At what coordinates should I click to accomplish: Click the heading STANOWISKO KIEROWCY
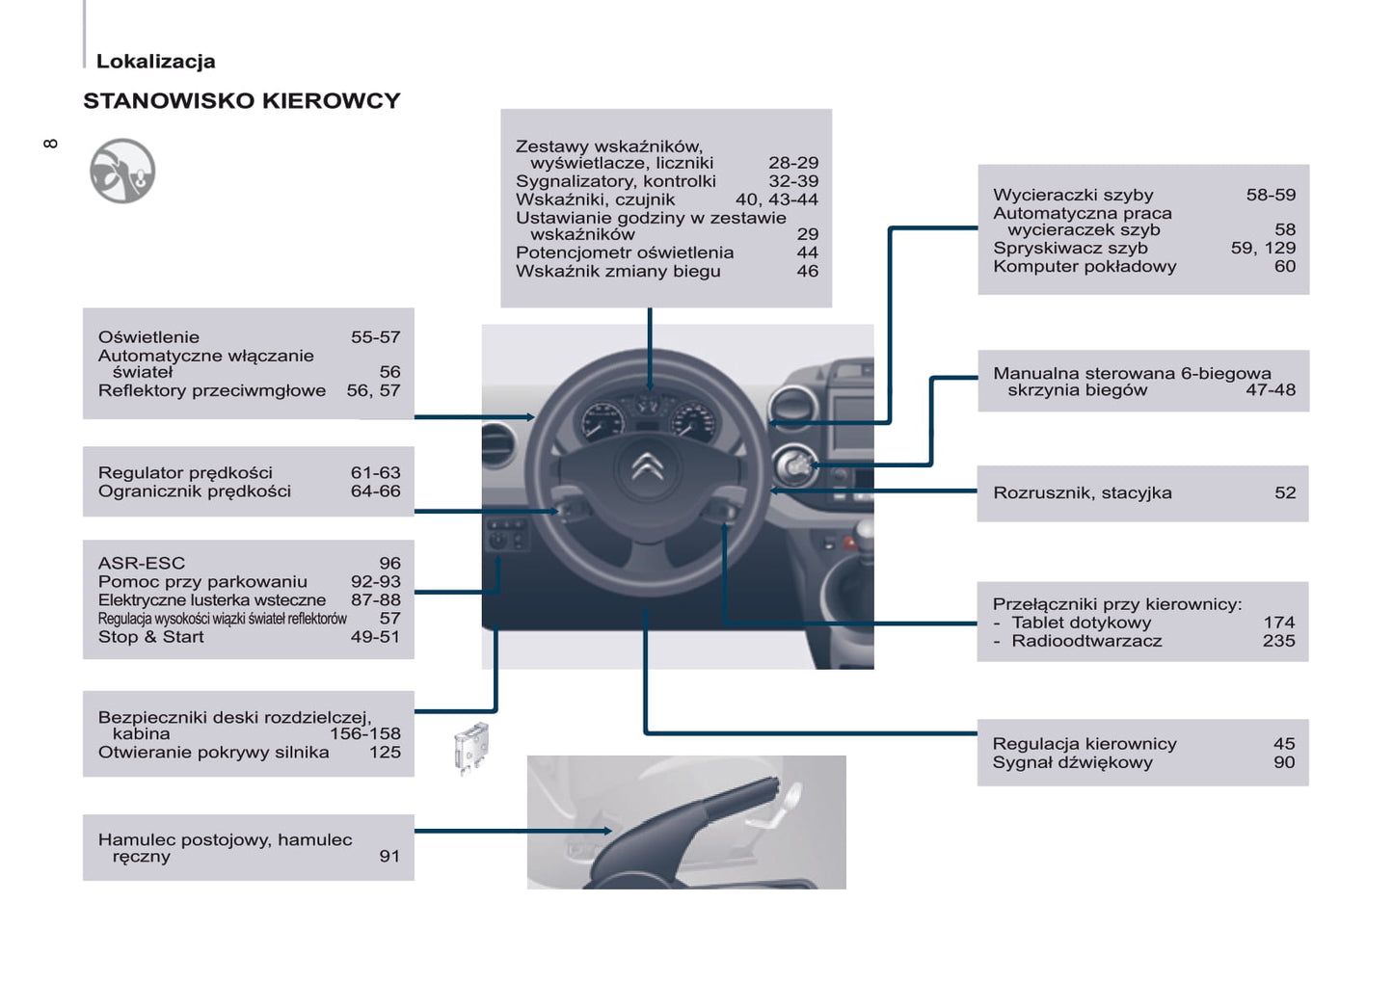coord(241,101)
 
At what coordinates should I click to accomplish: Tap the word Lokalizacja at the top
coord(155,62)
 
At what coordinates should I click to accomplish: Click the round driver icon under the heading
coord(122,172)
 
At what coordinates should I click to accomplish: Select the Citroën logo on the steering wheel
coord(648,467)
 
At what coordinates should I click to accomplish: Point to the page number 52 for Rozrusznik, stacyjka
coord(1285,493)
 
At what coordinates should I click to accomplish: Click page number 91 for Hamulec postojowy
coord(389,856)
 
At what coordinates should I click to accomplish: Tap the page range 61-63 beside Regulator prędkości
coord(375,473)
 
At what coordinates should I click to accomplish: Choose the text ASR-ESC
coord(141,564)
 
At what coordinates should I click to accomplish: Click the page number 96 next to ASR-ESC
coord(389,564)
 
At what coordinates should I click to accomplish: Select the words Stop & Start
coord(150,637)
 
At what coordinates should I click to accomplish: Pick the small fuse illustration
coord(471,747)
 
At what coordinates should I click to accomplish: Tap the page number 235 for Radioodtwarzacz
coord(1278,641)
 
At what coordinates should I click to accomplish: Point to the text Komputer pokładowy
coord(1085,267)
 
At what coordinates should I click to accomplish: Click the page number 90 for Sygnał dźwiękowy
coord(1284,762)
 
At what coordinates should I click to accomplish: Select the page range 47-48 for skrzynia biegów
coord(1271,390)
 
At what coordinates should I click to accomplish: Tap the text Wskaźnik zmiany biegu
coord(618,272)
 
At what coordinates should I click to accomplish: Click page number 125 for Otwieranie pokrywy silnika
coord(385,753)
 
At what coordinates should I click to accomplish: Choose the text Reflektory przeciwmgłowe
coord(211,391)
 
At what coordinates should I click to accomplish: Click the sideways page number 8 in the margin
coord(50,144)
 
